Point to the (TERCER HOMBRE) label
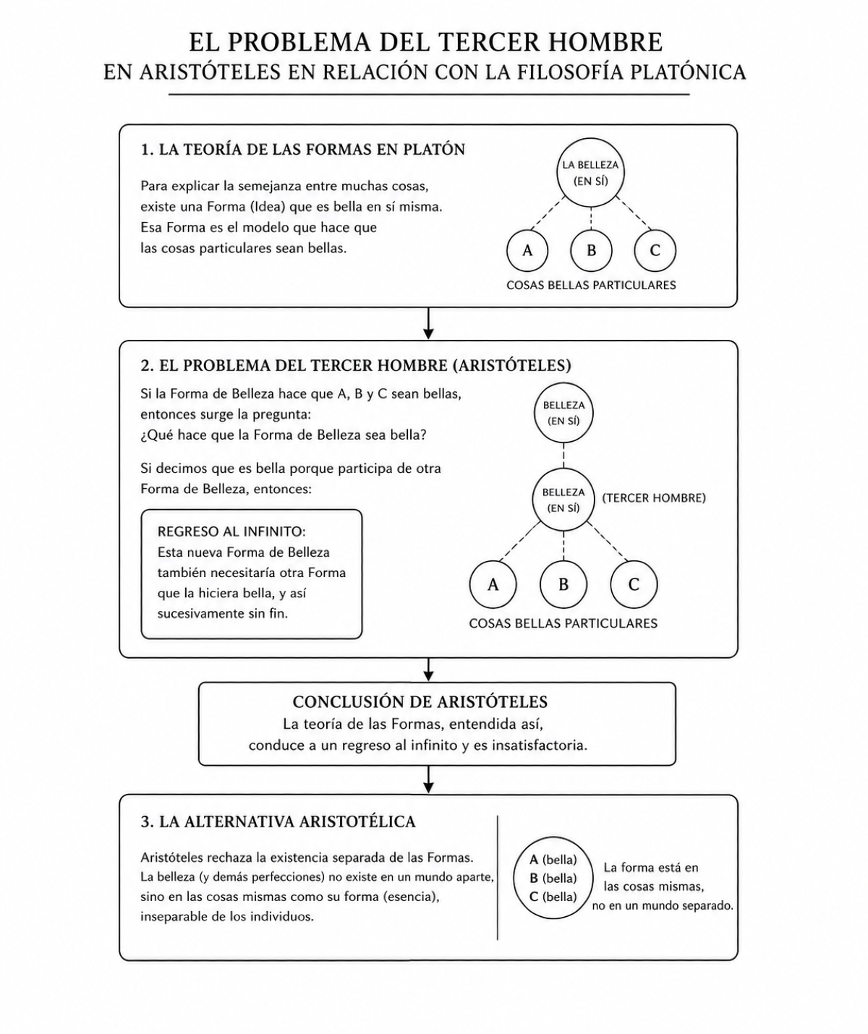(654, 498)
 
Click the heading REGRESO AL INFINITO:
(231, 532)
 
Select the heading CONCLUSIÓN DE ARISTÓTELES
(420, 701)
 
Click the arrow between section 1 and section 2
(428, 324)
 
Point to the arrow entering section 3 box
(428, 780)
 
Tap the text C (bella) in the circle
(553, 897)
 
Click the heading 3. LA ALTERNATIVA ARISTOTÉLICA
(278, 822)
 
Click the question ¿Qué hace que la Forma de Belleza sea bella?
(284, 435)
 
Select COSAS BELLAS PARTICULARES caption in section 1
(591, 285)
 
